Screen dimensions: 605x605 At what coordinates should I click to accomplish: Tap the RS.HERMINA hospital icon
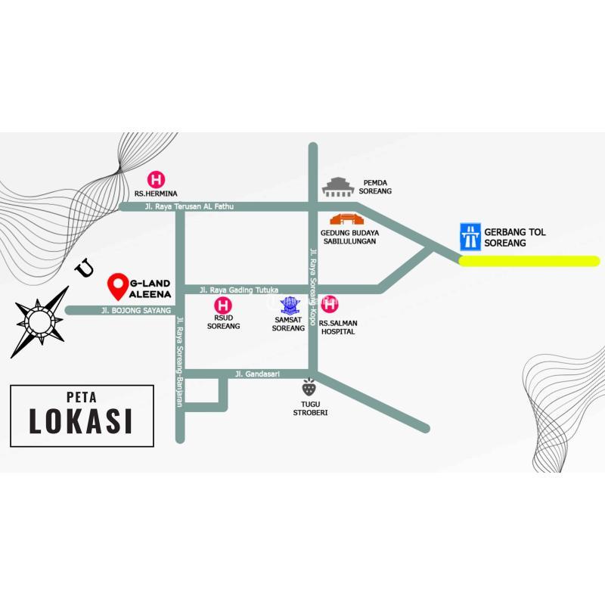(156, 180)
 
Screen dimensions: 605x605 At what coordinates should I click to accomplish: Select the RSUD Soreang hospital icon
(223, 306)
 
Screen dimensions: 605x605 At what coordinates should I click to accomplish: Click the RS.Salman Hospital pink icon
(330, 305)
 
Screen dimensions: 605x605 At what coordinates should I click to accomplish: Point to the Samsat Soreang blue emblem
(289, 306)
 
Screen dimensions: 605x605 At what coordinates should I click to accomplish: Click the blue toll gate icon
(472, 237)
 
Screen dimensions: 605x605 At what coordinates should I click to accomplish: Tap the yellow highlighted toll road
(529, 262)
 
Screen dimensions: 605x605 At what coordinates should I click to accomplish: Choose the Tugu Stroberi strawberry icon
(309, 388)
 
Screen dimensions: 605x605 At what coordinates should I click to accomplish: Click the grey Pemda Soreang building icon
(339, 186)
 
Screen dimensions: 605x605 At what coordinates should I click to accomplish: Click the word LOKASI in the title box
(81, 421)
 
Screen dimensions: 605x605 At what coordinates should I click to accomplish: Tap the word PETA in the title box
(81, 396)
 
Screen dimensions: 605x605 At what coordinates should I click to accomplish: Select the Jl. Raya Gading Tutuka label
(239, 290)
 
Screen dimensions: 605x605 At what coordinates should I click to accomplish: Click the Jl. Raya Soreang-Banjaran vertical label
(179, 361)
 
